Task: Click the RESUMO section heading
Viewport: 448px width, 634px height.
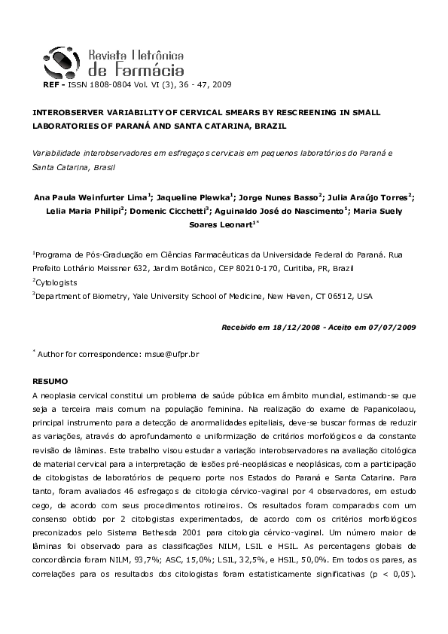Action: (50, 382)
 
